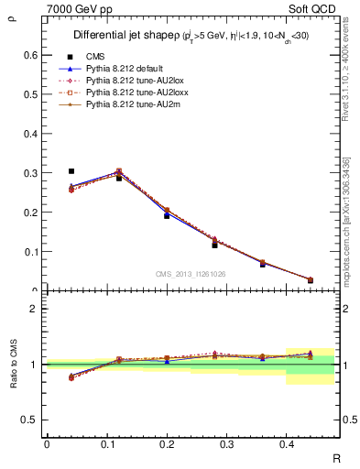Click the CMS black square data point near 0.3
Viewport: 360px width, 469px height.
pyautogui.click(x=71, y=171)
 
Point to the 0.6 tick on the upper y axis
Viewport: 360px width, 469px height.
pyautogui.click(x=32, y=55)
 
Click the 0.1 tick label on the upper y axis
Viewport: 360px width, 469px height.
pyautogui.click(x=32, y=252)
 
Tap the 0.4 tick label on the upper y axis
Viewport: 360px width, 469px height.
pyautogui.click(x=32, y=134)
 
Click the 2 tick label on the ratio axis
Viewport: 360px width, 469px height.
pyautogui.click(x=36, y=310)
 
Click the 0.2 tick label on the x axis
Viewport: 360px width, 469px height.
pyautogui.click(x=167, y=443)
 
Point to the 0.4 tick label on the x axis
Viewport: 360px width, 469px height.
pyautogui.click(x=287, y=443)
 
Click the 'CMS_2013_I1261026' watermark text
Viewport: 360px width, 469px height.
pyautogui.click(x=191, y=274)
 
